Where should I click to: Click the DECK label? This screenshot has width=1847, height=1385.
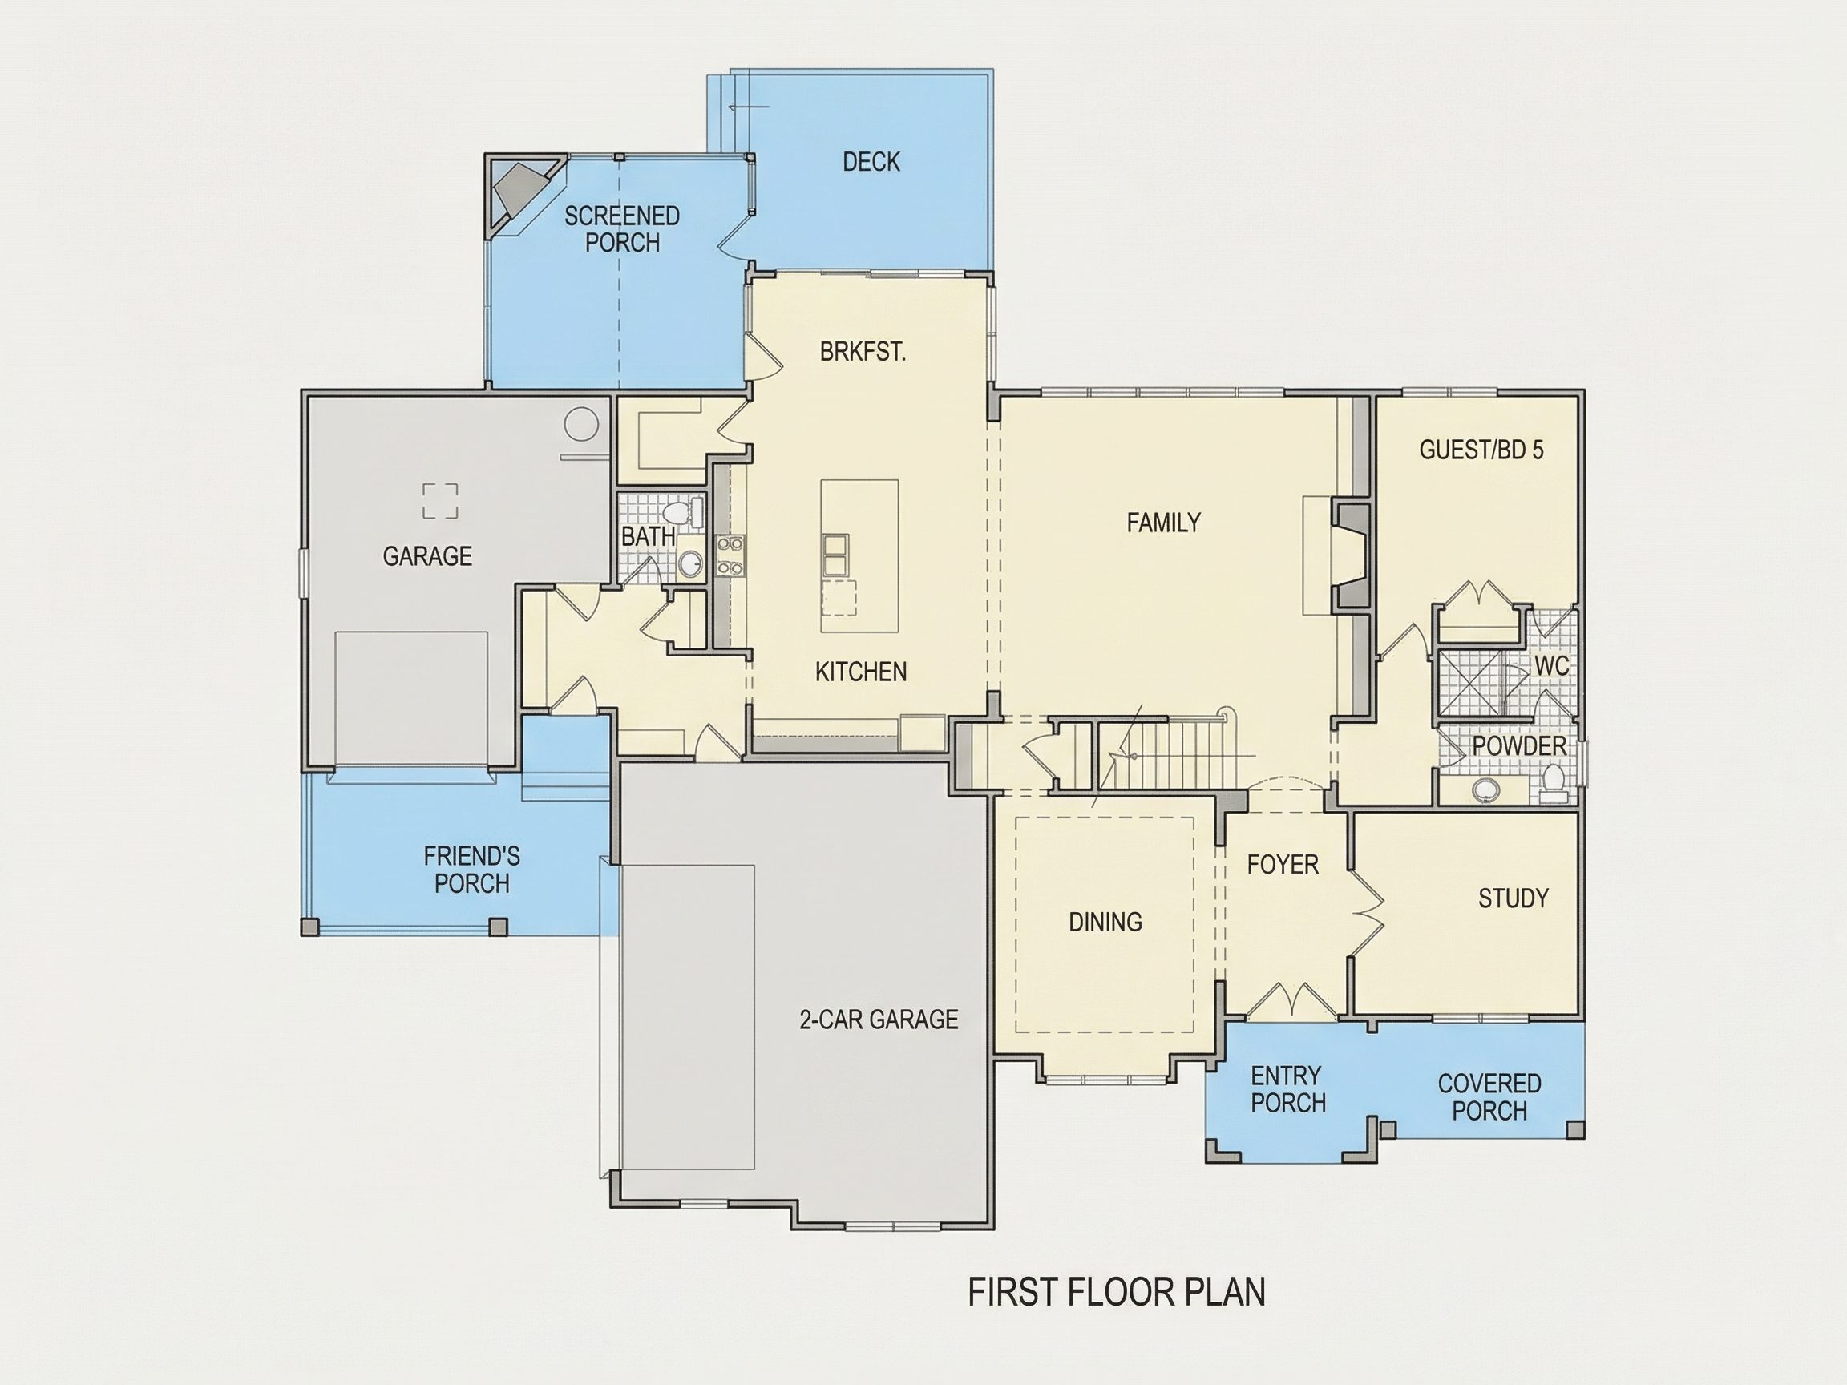pyautogui.click(x=871, y=161)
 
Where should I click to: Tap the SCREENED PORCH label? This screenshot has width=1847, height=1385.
pyautogui.click(x=622, y=228)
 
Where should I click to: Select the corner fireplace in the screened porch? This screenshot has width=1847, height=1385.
pyautogui.click(x=522, y=195)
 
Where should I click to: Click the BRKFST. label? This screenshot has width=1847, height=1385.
pyautogui.click(x=863, y=352)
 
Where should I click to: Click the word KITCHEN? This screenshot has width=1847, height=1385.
pyautogui.click(x=861, y=671)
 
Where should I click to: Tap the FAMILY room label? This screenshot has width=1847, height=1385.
pyautogui.click(x=1163, y=523)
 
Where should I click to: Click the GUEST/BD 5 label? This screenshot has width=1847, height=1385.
pyautogui.click(x=1481, y=450)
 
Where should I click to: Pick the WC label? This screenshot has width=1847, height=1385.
pyautogui.click(x=1551, y=665)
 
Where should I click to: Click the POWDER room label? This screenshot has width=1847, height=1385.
pyautogui.click(x=1519, y=745)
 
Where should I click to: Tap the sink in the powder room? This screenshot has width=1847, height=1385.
pyautogui.click(x=1485, y=787)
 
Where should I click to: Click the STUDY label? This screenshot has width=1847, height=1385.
pyautogui.click(x=1513, y=898)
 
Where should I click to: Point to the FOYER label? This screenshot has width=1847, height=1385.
pyautogui.click(x=1283, y=864)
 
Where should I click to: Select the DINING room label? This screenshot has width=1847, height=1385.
pyautogui.click(x=1105, y=922)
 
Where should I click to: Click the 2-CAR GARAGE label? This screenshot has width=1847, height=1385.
pyautogui.click(x=879, y=1019)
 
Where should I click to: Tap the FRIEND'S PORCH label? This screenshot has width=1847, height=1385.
pyautogui.click(x=471, y=869)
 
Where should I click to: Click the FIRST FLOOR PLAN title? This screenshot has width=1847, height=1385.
pyautogui.click(x=1117, y=1291)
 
